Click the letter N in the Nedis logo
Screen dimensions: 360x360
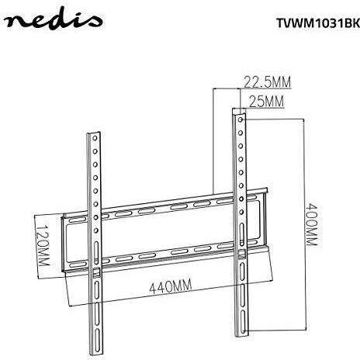[17, 24]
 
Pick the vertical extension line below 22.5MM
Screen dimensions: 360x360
[213, 140]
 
